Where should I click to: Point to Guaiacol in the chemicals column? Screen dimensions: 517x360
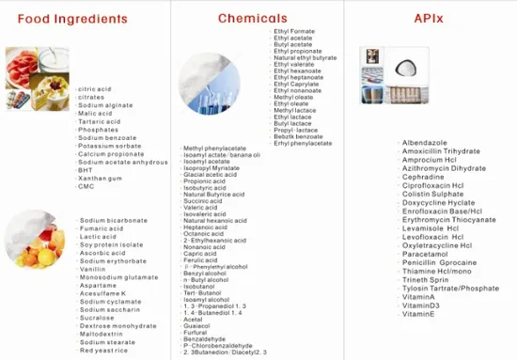(197, 326)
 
